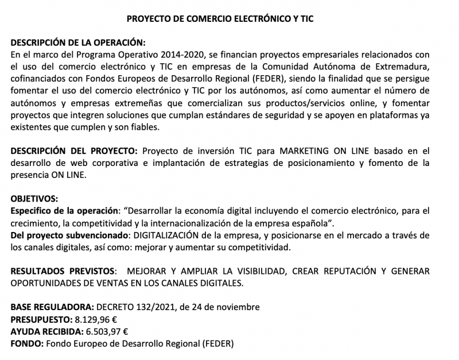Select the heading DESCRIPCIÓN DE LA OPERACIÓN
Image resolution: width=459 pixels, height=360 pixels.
(78, 44)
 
